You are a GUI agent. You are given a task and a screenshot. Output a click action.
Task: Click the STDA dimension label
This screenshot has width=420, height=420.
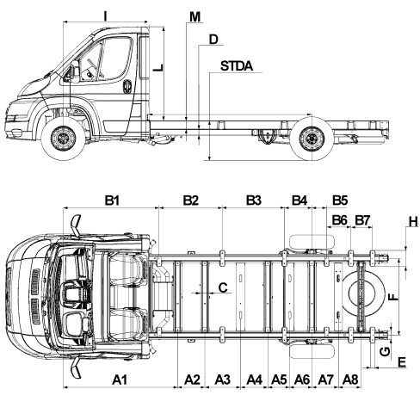[x=237, y=65]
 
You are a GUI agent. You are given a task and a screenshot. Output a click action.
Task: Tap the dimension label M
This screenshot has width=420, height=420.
[x=195, y=16]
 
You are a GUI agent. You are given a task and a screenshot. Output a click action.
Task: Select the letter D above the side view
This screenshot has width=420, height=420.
[x=213, y=39]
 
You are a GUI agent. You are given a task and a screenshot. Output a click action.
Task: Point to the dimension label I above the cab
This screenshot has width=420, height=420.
[x=105, y=16]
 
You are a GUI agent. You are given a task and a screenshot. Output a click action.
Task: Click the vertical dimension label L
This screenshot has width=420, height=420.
[x=157, y=68]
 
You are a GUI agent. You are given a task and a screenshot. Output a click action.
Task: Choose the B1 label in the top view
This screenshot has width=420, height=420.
[x=111, y=200]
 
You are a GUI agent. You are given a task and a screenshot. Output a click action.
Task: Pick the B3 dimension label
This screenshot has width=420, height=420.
[x=254, y=200]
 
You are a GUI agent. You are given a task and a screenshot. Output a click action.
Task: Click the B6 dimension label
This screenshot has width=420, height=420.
[x=340, y=220]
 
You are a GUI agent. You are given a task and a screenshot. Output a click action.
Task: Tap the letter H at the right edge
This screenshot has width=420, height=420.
[x=413, y=222]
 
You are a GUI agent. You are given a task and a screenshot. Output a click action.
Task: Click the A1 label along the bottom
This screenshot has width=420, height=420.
[x=120, y=380]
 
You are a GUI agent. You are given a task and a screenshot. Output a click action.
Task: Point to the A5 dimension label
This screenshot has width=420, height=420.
[x=279, y=380]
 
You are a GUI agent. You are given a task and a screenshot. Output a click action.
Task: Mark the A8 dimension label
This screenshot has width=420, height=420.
[x=350, y=380]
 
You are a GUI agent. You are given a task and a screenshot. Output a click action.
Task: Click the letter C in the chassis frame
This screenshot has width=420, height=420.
[x=223, y=287]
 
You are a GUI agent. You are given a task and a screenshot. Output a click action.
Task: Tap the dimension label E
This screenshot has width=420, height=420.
[x=402, y=361]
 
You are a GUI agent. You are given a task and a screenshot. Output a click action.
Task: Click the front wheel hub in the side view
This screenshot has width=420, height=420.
[x=63, y=139]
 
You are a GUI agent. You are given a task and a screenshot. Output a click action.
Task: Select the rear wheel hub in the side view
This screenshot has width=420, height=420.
[x=311, y=139]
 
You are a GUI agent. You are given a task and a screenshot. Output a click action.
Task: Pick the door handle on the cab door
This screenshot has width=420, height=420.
[x=127, y=86]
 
